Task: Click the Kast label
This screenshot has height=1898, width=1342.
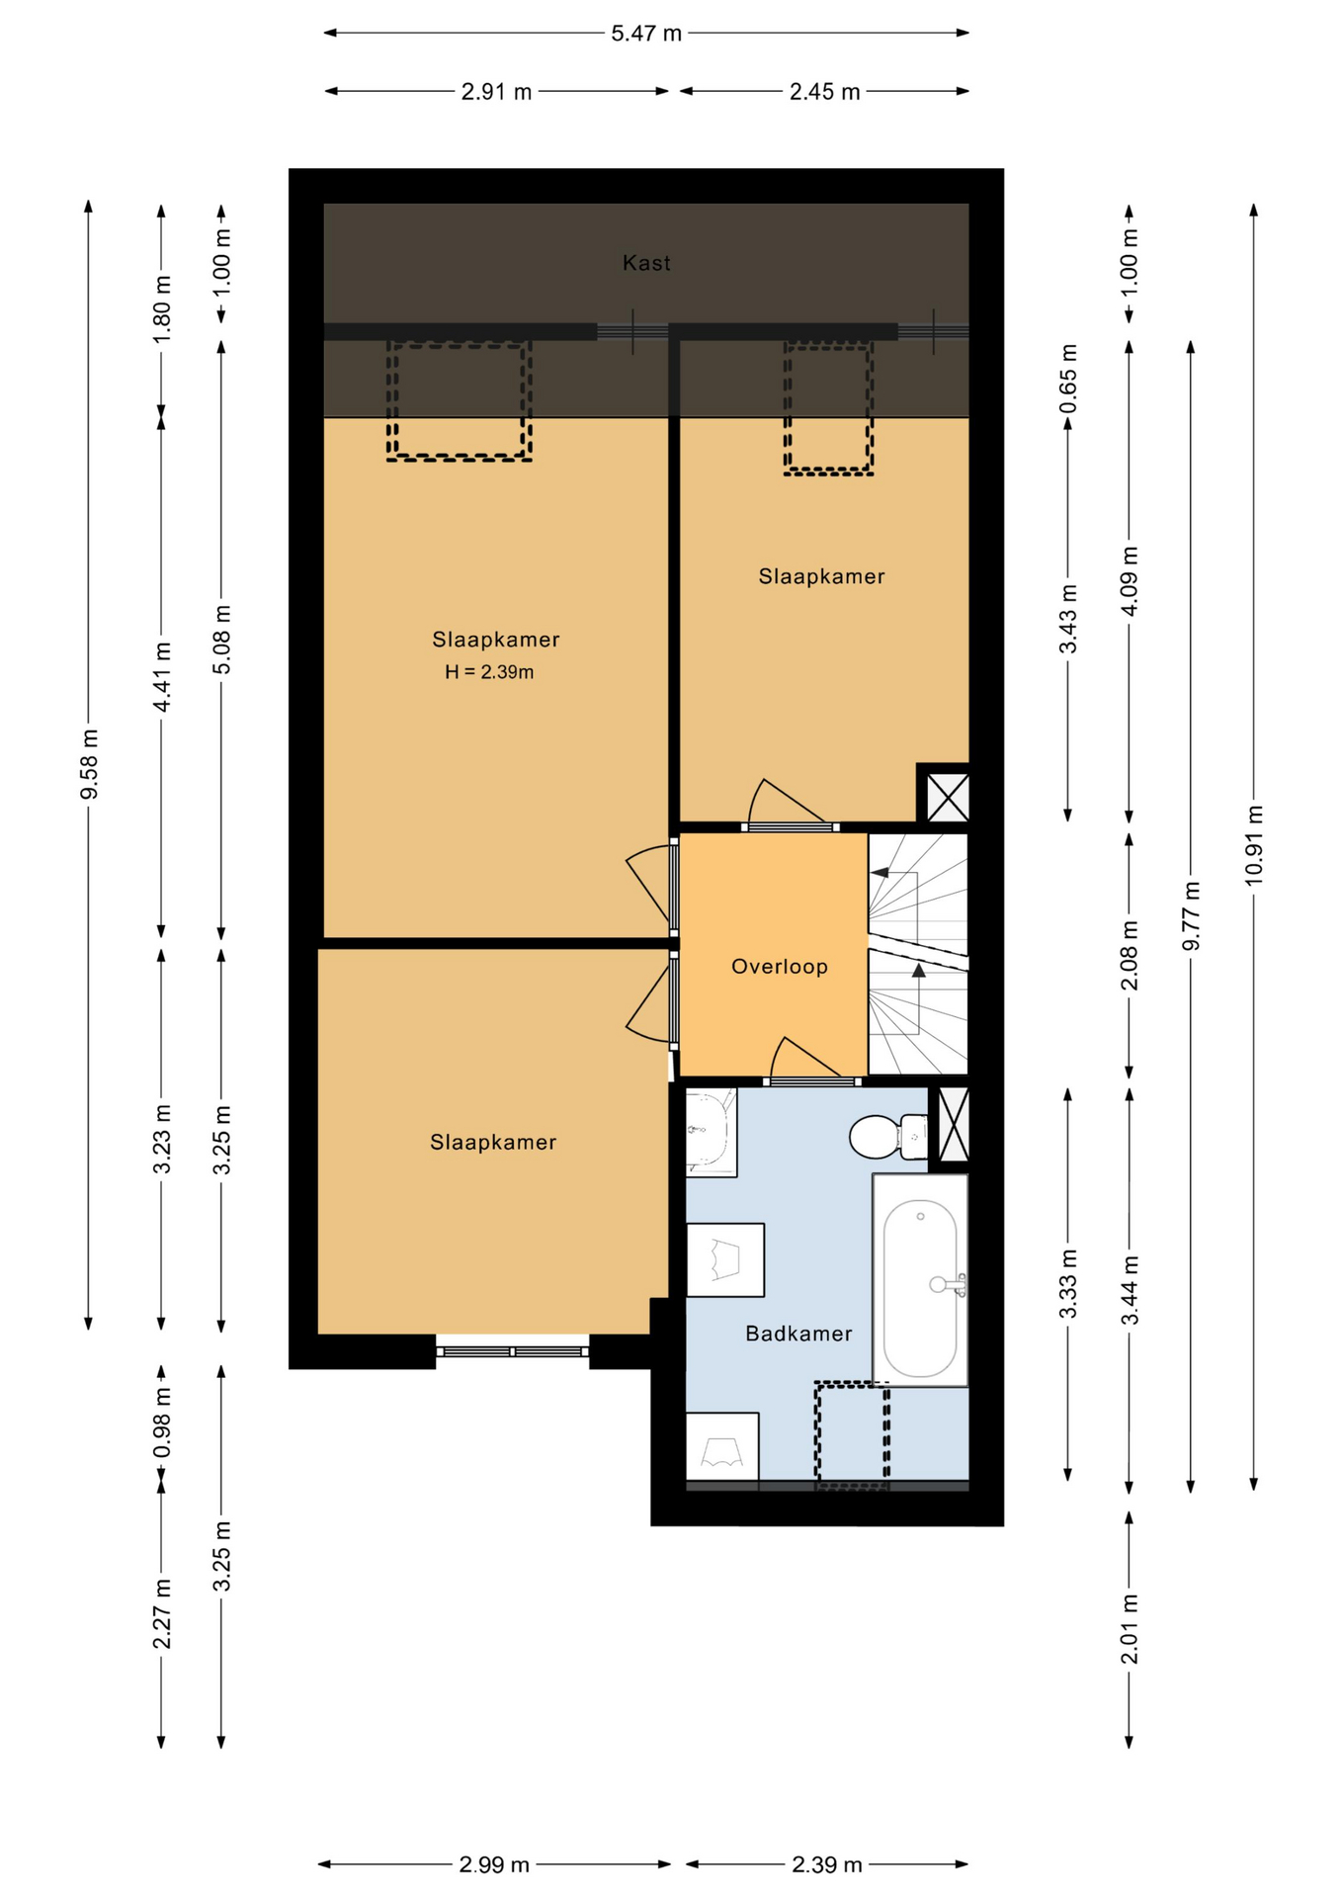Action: pyautogui.click(x=646, y=263)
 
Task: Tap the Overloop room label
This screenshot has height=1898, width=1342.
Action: pyautogui.click(x=780, y=967)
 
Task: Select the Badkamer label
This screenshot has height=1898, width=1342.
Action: pyautogui.click(x=798, y=1334)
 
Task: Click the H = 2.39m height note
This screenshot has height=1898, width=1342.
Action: pyautogui.click(x=489, y=672)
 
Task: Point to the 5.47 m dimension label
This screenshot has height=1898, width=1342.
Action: pyautogui.click(x=646, y=34)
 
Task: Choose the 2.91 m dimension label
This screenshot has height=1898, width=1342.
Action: pyautogui.click(x=496, y=92)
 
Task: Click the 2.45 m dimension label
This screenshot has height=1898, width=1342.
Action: pyautogui.click(x=824, y=92)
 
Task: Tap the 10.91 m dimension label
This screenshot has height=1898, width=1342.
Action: pyautogui.click(x=1253, y=845)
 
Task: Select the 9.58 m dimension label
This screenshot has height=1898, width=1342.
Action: pyautogui.click(x=89, y=765)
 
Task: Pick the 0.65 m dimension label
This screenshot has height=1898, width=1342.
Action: pyautogui.click(x=1068, y=380)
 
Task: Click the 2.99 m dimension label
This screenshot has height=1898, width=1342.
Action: pyautogui.click(x=494, y=1864)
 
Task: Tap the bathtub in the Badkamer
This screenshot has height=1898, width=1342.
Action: pyautogui.click(x=920, y=1280)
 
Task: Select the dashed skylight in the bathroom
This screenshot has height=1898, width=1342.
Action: pyautogui.click(x=852, y=1434)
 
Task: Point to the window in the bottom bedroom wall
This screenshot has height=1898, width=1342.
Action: pyautogui.click(x=513, y=1351)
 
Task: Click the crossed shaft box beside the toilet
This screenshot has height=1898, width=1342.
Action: pyautogui.click(x=954, y=1124)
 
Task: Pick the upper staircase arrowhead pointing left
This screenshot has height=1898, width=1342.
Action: pyautogui.click(x=879, y=873)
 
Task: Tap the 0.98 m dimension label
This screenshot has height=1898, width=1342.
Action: pyautogui.click(x=162, y=1422)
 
